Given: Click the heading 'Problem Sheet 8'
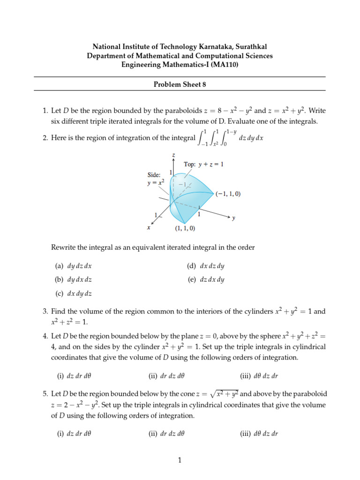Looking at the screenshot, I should (x=180, y=84).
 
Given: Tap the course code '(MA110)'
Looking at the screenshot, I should (x=225, y=65).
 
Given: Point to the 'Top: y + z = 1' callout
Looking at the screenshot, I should (x=203, y=165).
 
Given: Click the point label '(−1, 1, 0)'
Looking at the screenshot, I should (x=228, y=194).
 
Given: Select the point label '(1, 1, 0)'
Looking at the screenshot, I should (x=185, y=228).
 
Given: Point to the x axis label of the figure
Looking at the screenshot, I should (x=149, y=227).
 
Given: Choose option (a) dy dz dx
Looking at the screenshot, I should (x=73, y=266).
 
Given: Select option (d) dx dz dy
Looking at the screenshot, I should (x=205, y=266).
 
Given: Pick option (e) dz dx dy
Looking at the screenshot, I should (x=205, y=279).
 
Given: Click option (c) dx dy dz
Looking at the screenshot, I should (x=73, y=293).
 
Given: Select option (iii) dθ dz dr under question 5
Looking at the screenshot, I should (x=259, y=434).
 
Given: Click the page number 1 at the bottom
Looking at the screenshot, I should (x=180, y=461).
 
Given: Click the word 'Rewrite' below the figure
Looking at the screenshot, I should (x=63, y=247).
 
